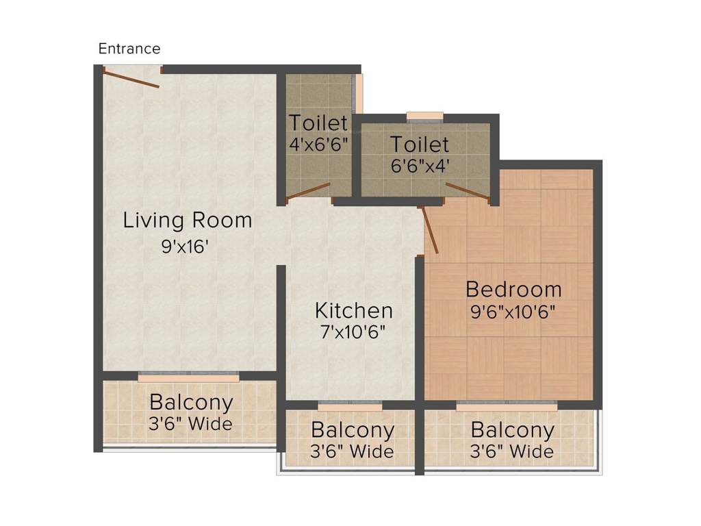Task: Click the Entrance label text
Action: [129, 49]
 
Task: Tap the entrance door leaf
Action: [132, 77]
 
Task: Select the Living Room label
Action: [188, 221]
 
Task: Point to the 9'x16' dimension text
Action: [184, 247]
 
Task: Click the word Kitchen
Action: [354, 310]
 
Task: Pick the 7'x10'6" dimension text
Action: [353, 333]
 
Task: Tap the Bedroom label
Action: [513, 288]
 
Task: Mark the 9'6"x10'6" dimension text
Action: [513, 312]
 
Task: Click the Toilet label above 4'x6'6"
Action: [318, 123]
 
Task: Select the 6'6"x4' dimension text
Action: [420, 166]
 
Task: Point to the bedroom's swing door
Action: [431, 230]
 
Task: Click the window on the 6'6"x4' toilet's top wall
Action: [424, 116]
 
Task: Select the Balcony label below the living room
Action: [191, 402]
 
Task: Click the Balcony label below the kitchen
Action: [353, 430]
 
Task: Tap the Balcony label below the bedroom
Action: [513, 430]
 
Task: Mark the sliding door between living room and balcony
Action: [189, 376]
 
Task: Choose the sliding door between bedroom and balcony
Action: [507, 405]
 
